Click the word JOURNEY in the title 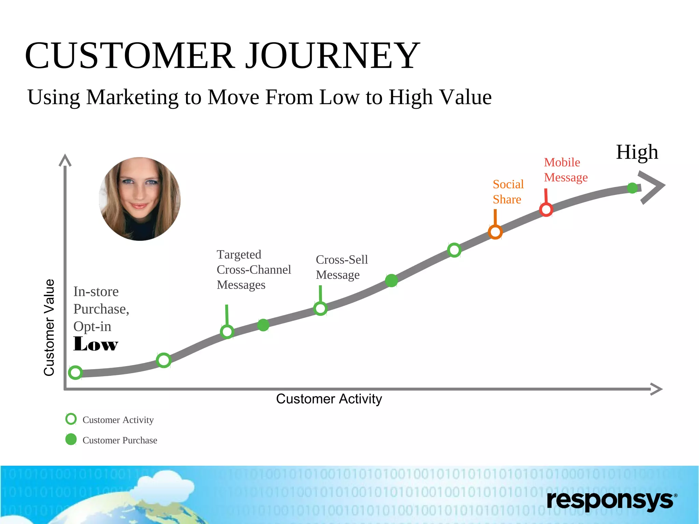coord(333,56)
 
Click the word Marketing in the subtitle coord(132,98)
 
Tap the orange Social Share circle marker coord(495,232)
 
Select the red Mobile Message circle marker coord(546,209)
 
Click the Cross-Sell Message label coord(341,267)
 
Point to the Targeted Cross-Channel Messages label coord(254,270)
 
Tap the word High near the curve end coord(637,152)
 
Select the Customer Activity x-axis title coord(329,399)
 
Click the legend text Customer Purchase coord(119,440)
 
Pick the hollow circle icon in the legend coord(71,419)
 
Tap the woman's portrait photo coord(140,199)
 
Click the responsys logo coord(611,500)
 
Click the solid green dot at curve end coord(632,188)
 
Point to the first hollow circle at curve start coord(75,373)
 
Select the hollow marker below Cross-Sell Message coord(320,308)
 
